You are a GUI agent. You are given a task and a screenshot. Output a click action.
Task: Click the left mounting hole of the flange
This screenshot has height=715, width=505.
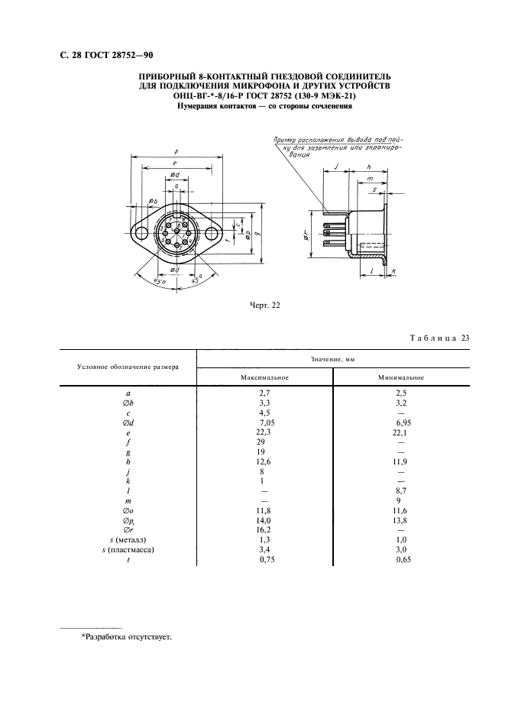141,231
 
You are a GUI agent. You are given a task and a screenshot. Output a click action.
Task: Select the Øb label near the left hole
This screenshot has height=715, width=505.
154,201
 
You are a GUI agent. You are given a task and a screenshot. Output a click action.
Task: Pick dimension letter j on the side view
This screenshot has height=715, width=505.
336,167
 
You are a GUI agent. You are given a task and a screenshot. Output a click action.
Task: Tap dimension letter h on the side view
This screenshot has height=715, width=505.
368,167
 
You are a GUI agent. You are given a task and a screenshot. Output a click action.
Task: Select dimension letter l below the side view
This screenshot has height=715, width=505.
370,271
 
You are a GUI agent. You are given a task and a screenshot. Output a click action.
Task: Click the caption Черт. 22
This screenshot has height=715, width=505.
266,306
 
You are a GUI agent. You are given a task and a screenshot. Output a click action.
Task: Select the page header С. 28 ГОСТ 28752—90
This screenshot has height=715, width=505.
106,54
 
